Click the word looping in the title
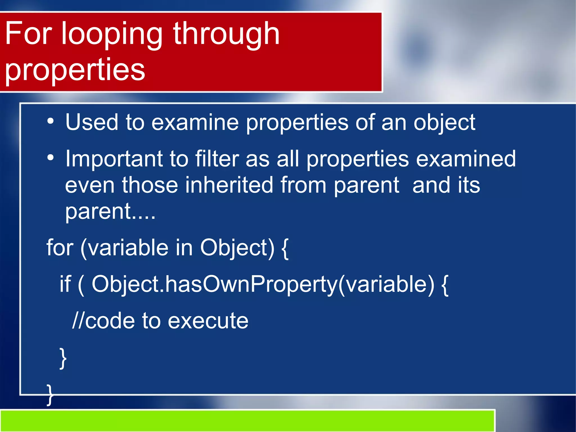tap(112, 35)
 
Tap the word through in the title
tap(226, 35)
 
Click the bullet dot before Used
tap(50, 121)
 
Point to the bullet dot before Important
tap(50, 158)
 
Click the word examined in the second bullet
tap(466, 159)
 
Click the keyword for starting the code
tap(60, 248)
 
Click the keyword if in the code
tap(65, 284)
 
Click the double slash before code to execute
tap(78, 321)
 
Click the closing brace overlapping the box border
tap(50, 395)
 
